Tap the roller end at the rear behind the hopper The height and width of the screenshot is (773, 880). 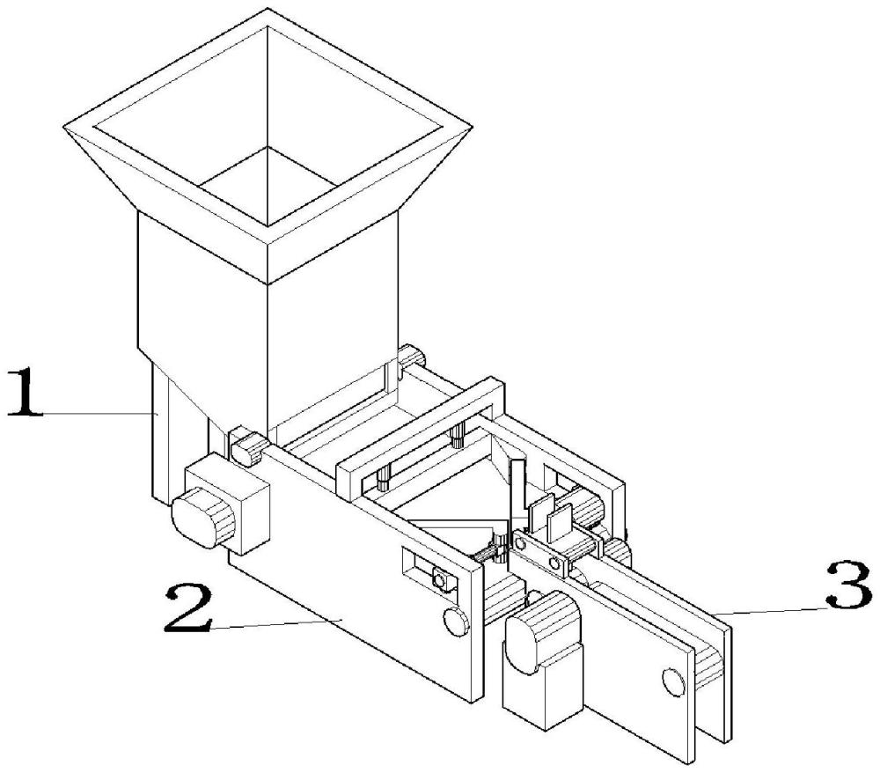point(411,357)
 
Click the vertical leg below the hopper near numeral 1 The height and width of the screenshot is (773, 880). point(164,440)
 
